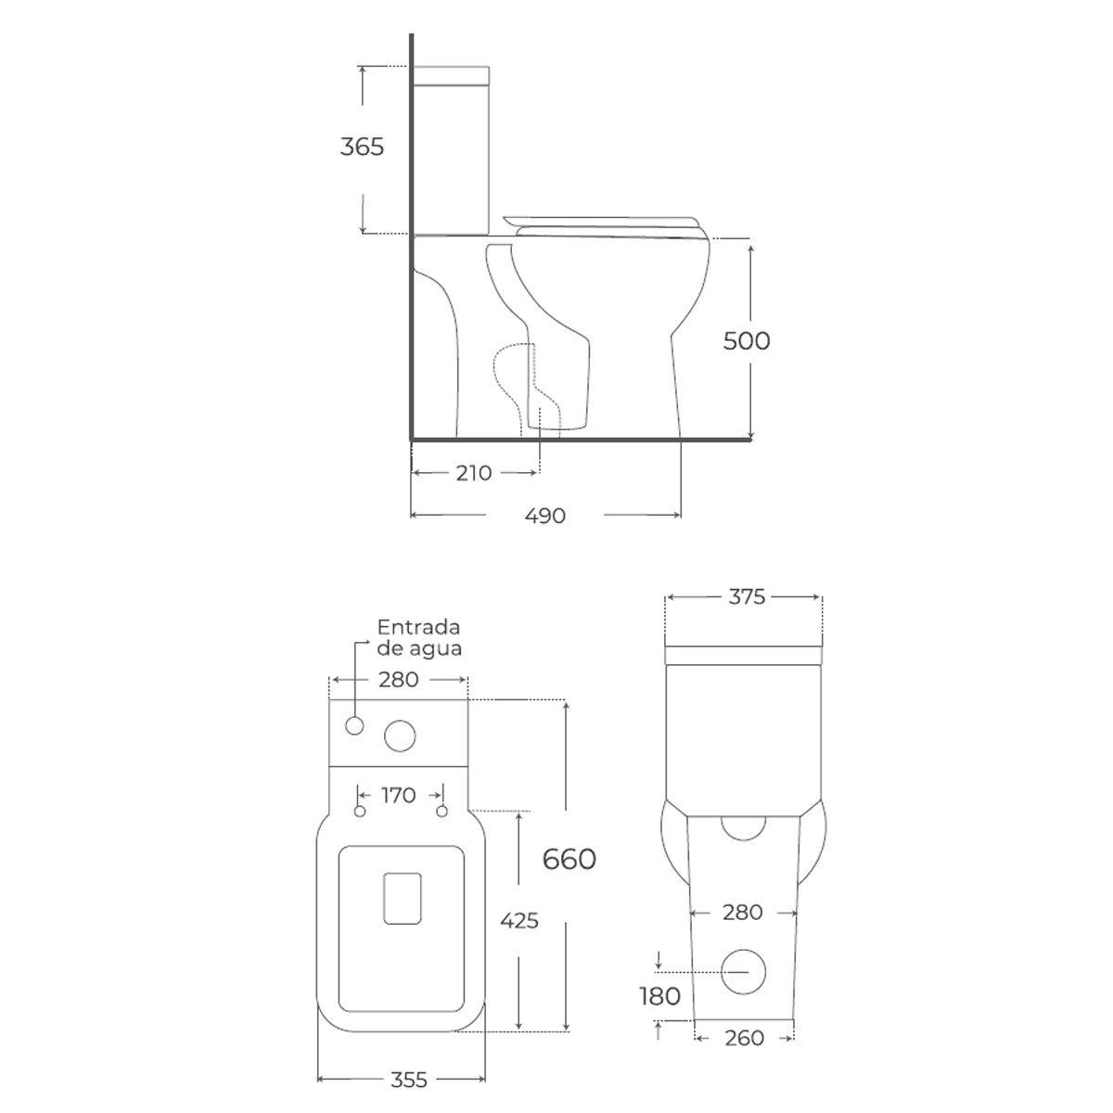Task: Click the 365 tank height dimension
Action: pyautogui.click(x=362, y=147)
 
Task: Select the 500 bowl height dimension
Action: pyautogui.click(x=747, y=340)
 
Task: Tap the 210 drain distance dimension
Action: pyautogui.click(x=474, y=473)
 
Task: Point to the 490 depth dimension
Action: pyautogui.click(x=544, y=515)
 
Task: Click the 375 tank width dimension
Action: pyautogui.click(x=747, y=596)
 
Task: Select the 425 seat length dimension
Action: pyautogui.click(x=519, y=920)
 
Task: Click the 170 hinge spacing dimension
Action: pyautogui.click(x=399, y=795)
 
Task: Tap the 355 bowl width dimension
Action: pyautogui.click(x=408, y=1080)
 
